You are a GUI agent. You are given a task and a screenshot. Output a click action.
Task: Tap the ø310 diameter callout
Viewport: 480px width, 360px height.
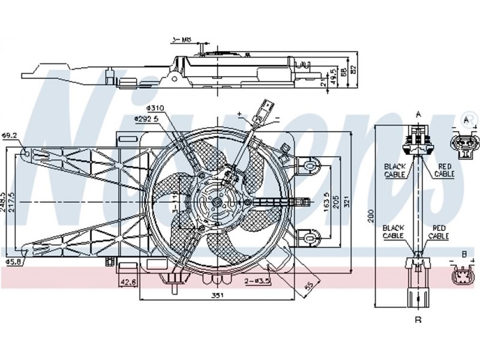[x=155, y=108]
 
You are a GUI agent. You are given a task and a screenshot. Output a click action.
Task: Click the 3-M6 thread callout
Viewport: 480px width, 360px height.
[x=181, y=40]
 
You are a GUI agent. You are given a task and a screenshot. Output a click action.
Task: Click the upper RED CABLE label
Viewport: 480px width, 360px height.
[x=445, y=170]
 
